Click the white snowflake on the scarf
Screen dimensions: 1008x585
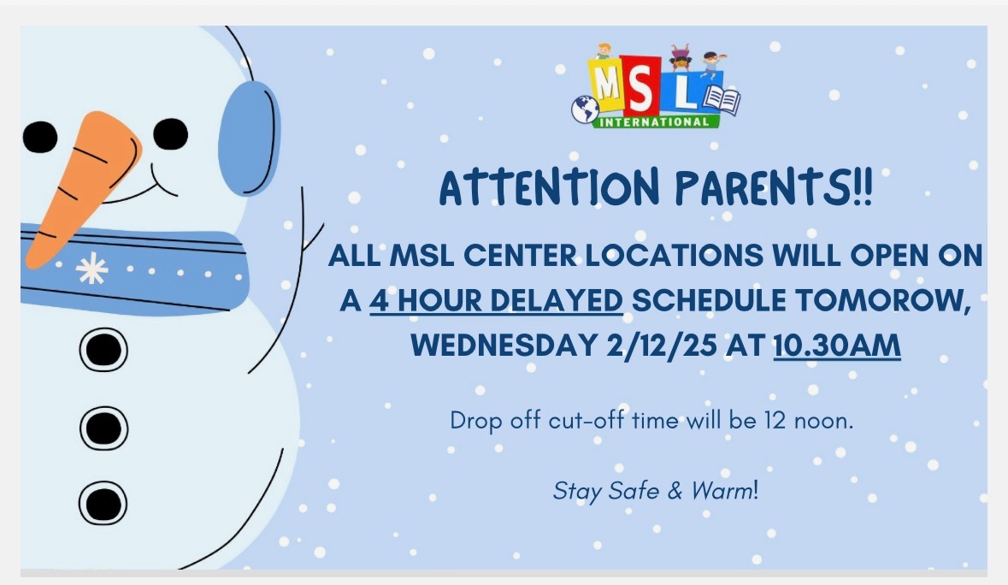92,268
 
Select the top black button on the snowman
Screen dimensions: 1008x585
103,350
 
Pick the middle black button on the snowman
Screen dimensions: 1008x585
103,428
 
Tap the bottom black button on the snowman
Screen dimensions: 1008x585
103,503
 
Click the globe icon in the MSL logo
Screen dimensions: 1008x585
585,109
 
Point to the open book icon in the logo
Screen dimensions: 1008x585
722,100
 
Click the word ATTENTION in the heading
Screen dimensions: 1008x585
550,187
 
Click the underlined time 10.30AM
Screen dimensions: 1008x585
837,346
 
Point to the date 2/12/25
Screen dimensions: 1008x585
661,346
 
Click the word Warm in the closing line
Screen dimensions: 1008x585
722,491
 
